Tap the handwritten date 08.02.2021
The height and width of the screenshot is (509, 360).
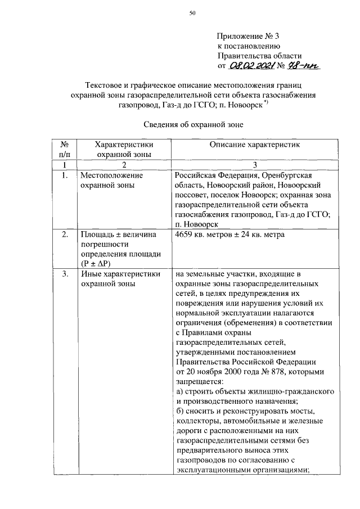251,66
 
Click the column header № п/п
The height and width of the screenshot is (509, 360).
64,148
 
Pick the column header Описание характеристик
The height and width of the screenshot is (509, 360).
255,145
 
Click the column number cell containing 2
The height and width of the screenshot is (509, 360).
124,164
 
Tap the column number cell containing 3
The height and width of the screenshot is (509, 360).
255,164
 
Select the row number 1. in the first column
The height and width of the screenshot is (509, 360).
64,175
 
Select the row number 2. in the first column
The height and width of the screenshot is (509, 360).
64,234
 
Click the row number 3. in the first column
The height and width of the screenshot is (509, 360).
64,274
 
